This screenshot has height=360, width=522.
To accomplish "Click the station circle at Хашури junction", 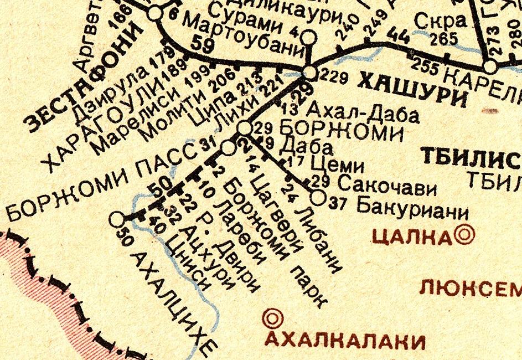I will point(310,72).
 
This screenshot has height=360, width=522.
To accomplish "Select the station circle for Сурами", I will point(309,37).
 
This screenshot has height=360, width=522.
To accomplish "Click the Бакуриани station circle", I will point(317,197).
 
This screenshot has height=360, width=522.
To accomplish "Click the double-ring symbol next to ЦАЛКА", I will point(464,235).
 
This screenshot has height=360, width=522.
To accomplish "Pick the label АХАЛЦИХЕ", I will point(172,302).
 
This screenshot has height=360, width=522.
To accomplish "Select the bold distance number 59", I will point(203,45).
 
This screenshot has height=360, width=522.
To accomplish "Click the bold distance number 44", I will point(399,37).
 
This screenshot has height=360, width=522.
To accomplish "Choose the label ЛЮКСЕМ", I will point(471,287).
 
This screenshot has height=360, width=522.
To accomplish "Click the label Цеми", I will point(337,166).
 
